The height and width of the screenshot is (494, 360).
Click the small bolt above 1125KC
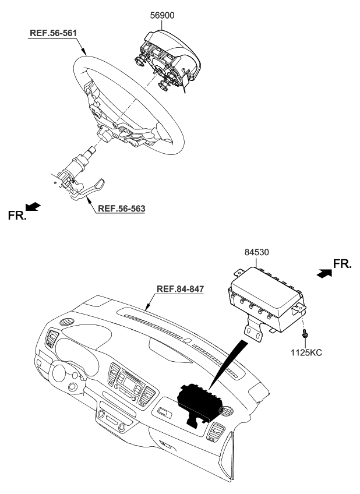304,334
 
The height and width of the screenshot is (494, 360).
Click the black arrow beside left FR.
34,206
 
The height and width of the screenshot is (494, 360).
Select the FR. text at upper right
343,264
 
